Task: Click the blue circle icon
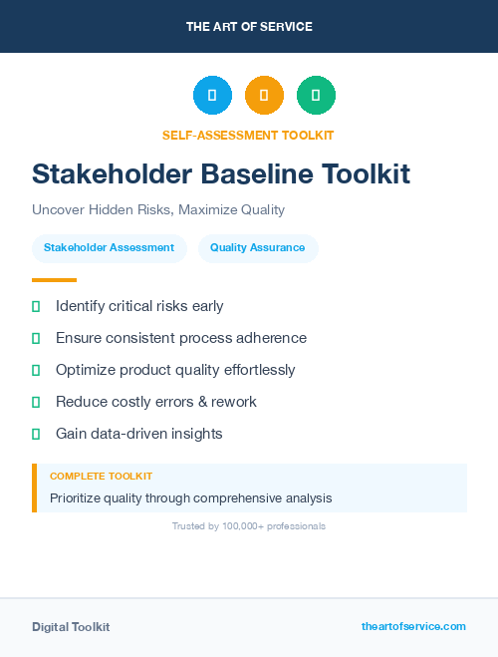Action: [212, 96]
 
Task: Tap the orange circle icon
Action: [264, 96]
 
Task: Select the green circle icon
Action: [316, 96]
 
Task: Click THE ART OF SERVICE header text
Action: [249, 27]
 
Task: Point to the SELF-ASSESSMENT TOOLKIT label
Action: [248, 135]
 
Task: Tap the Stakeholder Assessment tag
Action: [110, 247]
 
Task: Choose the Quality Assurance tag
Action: [258, 247]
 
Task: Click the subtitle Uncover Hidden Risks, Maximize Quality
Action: [158, 209]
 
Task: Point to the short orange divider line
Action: [54, 280]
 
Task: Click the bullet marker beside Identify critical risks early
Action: [36, 306]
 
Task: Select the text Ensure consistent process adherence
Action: [181, 338]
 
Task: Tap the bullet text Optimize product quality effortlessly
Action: [175, 370]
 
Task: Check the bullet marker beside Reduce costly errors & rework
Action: [36, 402]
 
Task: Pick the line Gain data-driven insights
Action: [139, 434]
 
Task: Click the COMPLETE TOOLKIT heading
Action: [101, 477]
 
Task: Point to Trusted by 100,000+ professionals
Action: [249, 525]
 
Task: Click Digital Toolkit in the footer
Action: [71, 626]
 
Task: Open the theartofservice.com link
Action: [413, 626]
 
